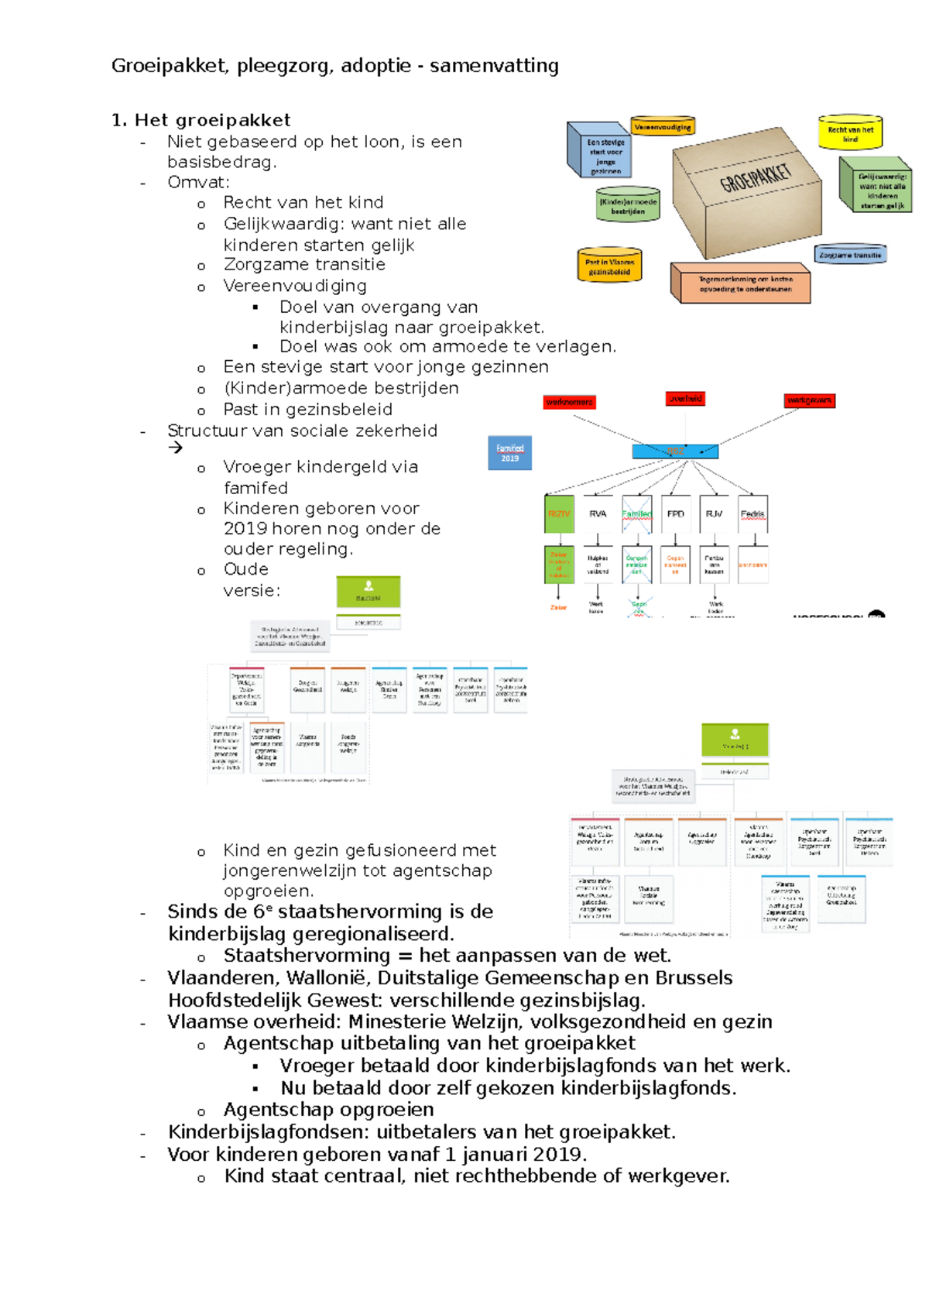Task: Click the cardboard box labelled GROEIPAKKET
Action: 746,194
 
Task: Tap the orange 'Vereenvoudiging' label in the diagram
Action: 663,127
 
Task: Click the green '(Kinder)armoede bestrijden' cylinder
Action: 628,205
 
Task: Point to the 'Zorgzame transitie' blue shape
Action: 850,255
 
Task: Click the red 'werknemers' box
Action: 569,402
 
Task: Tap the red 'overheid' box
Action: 685,399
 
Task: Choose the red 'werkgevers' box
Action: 809,400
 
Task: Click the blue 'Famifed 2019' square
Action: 509,453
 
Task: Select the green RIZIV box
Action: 559,514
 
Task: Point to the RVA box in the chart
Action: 598,514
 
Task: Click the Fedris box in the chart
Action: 752,514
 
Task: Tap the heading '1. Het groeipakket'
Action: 201,120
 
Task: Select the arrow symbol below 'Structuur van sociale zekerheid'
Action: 176,448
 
